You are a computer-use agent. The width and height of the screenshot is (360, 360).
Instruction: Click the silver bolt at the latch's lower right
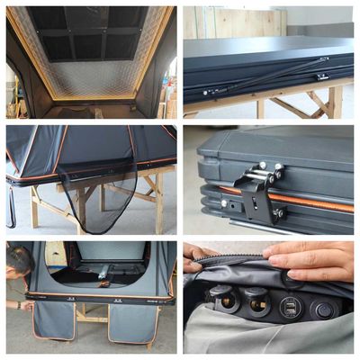click(x=278, y=213)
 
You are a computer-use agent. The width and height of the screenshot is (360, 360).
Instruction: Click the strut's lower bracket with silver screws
click(x=211, y=91)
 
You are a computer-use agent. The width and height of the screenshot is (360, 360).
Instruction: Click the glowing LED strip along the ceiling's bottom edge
click(x=90, y=96)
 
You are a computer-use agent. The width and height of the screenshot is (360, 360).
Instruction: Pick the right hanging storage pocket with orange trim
click(x=130, y=321)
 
